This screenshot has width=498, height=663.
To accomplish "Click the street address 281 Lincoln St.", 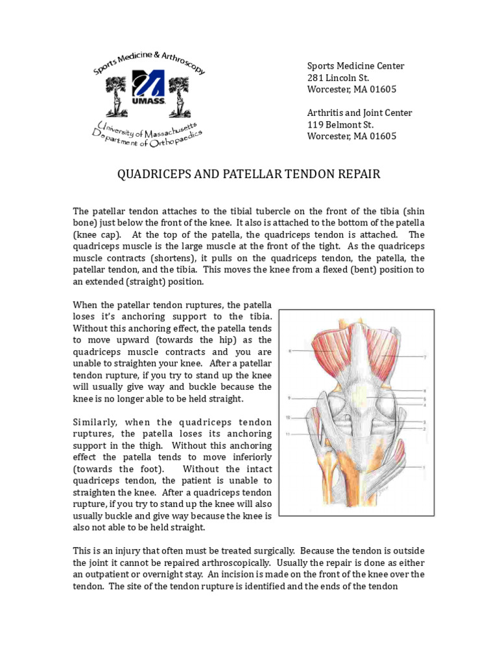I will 338,78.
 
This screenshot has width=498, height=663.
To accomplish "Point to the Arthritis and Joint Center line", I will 359,113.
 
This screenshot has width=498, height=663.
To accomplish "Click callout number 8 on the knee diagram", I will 290,351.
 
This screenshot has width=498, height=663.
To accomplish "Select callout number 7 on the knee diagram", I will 425,357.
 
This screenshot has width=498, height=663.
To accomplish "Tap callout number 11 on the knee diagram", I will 290,433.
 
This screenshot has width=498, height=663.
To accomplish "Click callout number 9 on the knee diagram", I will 290,398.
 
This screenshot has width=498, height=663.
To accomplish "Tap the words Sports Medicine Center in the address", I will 355,66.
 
